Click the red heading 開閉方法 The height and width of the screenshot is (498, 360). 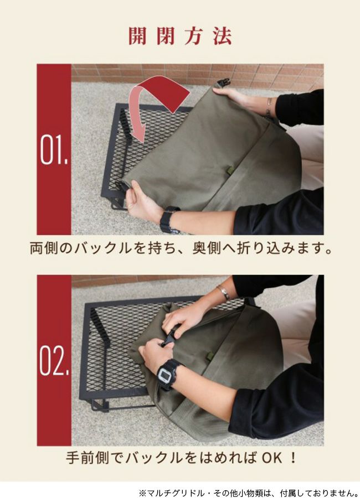click(x=180, y=35)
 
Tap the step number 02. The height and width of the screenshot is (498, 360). click(x=54, y=361)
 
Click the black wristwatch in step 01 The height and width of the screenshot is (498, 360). click(x=169, y=219)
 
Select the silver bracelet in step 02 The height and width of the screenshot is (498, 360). click(x=224, y=292)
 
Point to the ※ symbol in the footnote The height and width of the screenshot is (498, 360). click(x=142, y=493)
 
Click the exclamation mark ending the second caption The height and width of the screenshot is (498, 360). click(x=293, y=458)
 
